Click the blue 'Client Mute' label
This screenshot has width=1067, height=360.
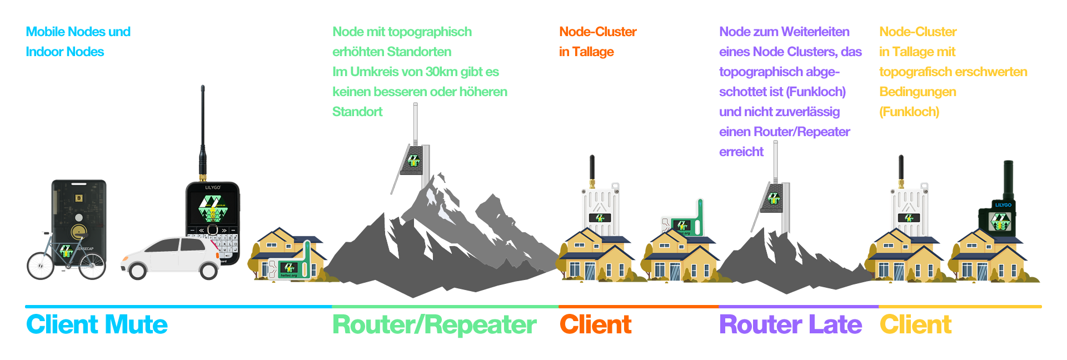point(97,324)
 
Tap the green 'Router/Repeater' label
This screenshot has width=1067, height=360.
point(434,325)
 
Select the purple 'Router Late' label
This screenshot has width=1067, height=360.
point(790,324)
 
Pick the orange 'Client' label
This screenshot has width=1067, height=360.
point(596,324)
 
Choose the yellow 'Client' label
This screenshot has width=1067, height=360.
point(916,324)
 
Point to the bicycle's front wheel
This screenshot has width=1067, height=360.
point(41,266)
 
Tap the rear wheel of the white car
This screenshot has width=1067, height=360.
point(208,270)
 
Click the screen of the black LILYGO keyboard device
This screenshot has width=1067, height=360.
point(212,209)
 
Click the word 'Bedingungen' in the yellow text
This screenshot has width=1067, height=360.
point(918,92)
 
